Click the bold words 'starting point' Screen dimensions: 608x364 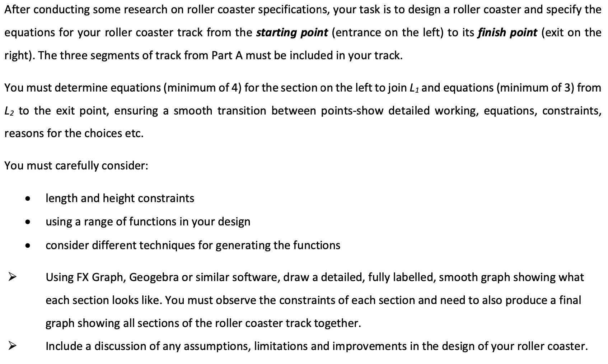(x=292, y=33)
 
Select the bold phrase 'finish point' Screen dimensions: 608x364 (x=507, y=33)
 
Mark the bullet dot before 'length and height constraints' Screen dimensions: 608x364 (x=27, y=199)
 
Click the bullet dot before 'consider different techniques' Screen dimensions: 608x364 (x=27, y=246)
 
